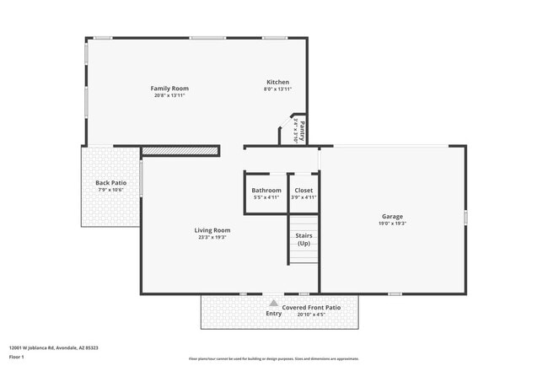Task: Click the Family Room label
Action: tap(169, 88)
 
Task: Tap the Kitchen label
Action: tap(277, 82)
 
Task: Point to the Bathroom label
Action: tap(266, 190)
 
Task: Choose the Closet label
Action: tap(304, 190)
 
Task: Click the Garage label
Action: tap(392, 217)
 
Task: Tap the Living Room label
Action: tap(212, 229)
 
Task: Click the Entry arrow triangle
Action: tap(273, 302)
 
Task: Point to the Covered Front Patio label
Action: tap(311, 308)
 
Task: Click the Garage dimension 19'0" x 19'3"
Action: tap(392, 224)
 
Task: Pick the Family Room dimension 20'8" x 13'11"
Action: tap(169, 95)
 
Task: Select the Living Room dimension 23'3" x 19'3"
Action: tap(212, 237)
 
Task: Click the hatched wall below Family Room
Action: tap(180, 150)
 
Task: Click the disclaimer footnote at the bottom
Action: tap(273, 358)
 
